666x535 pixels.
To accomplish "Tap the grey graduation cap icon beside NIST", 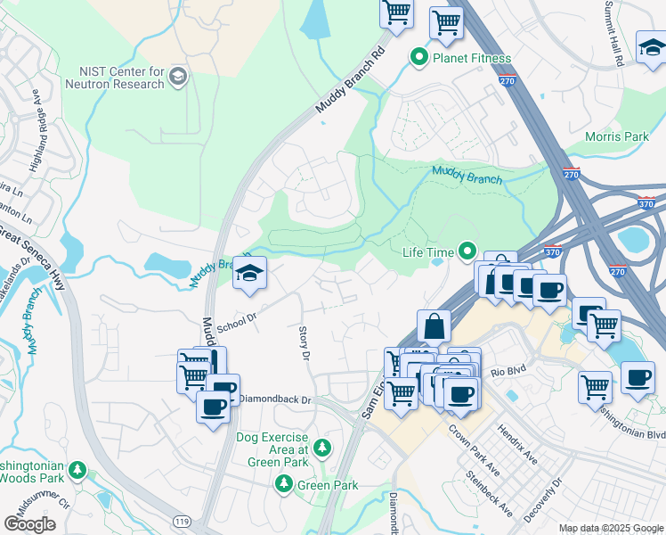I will [178, 76].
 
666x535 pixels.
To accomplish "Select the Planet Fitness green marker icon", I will [418, 58].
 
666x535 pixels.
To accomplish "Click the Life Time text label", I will [428, 253].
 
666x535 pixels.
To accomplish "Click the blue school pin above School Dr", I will [249, 273].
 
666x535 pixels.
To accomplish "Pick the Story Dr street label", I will [304, 342].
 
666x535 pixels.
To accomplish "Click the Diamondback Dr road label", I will [276, 401].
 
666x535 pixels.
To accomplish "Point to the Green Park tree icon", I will [284, 483].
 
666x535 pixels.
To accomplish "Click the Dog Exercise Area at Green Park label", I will [272, 444].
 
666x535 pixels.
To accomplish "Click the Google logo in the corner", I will [29, 524].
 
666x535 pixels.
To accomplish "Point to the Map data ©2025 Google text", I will [610, 528].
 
